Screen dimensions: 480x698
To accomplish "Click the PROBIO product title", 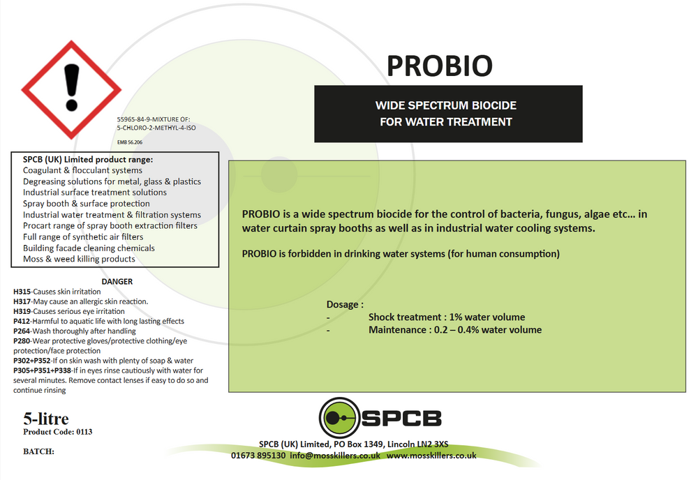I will [439, 66].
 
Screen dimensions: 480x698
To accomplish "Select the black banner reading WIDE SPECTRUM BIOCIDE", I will [447, 114].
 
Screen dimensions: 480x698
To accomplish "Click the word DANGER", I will [117, 281].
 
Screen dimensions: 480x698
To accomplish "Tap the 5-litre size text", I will [46, 419].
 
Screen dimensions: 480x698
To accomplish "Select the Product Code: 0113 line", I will [58, 432].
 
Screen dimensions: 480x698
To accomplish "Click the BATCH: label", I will [39, 451].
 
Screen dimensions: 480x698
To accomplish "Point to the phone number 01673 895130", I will [258, 455].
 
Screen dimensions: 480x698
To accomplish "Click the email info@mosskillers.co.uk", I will [335, 455].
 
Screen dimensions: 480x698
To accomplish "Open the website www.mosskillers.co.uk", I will [431, 455].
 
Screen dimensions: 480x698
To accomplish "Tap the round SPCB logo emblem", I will [340, 418].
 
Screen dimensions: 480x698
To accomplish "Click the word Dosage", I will [345, 305].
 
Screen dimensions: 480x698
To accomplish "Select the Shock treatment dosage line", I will [447, 317].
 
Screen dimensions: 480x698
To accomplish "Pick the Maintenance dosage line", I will [455, 330].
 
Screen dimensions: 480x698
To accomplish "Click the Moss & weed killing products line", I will [79, 260].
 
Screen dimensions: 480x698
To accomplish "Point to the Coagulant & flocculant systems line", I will [82, 170].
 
